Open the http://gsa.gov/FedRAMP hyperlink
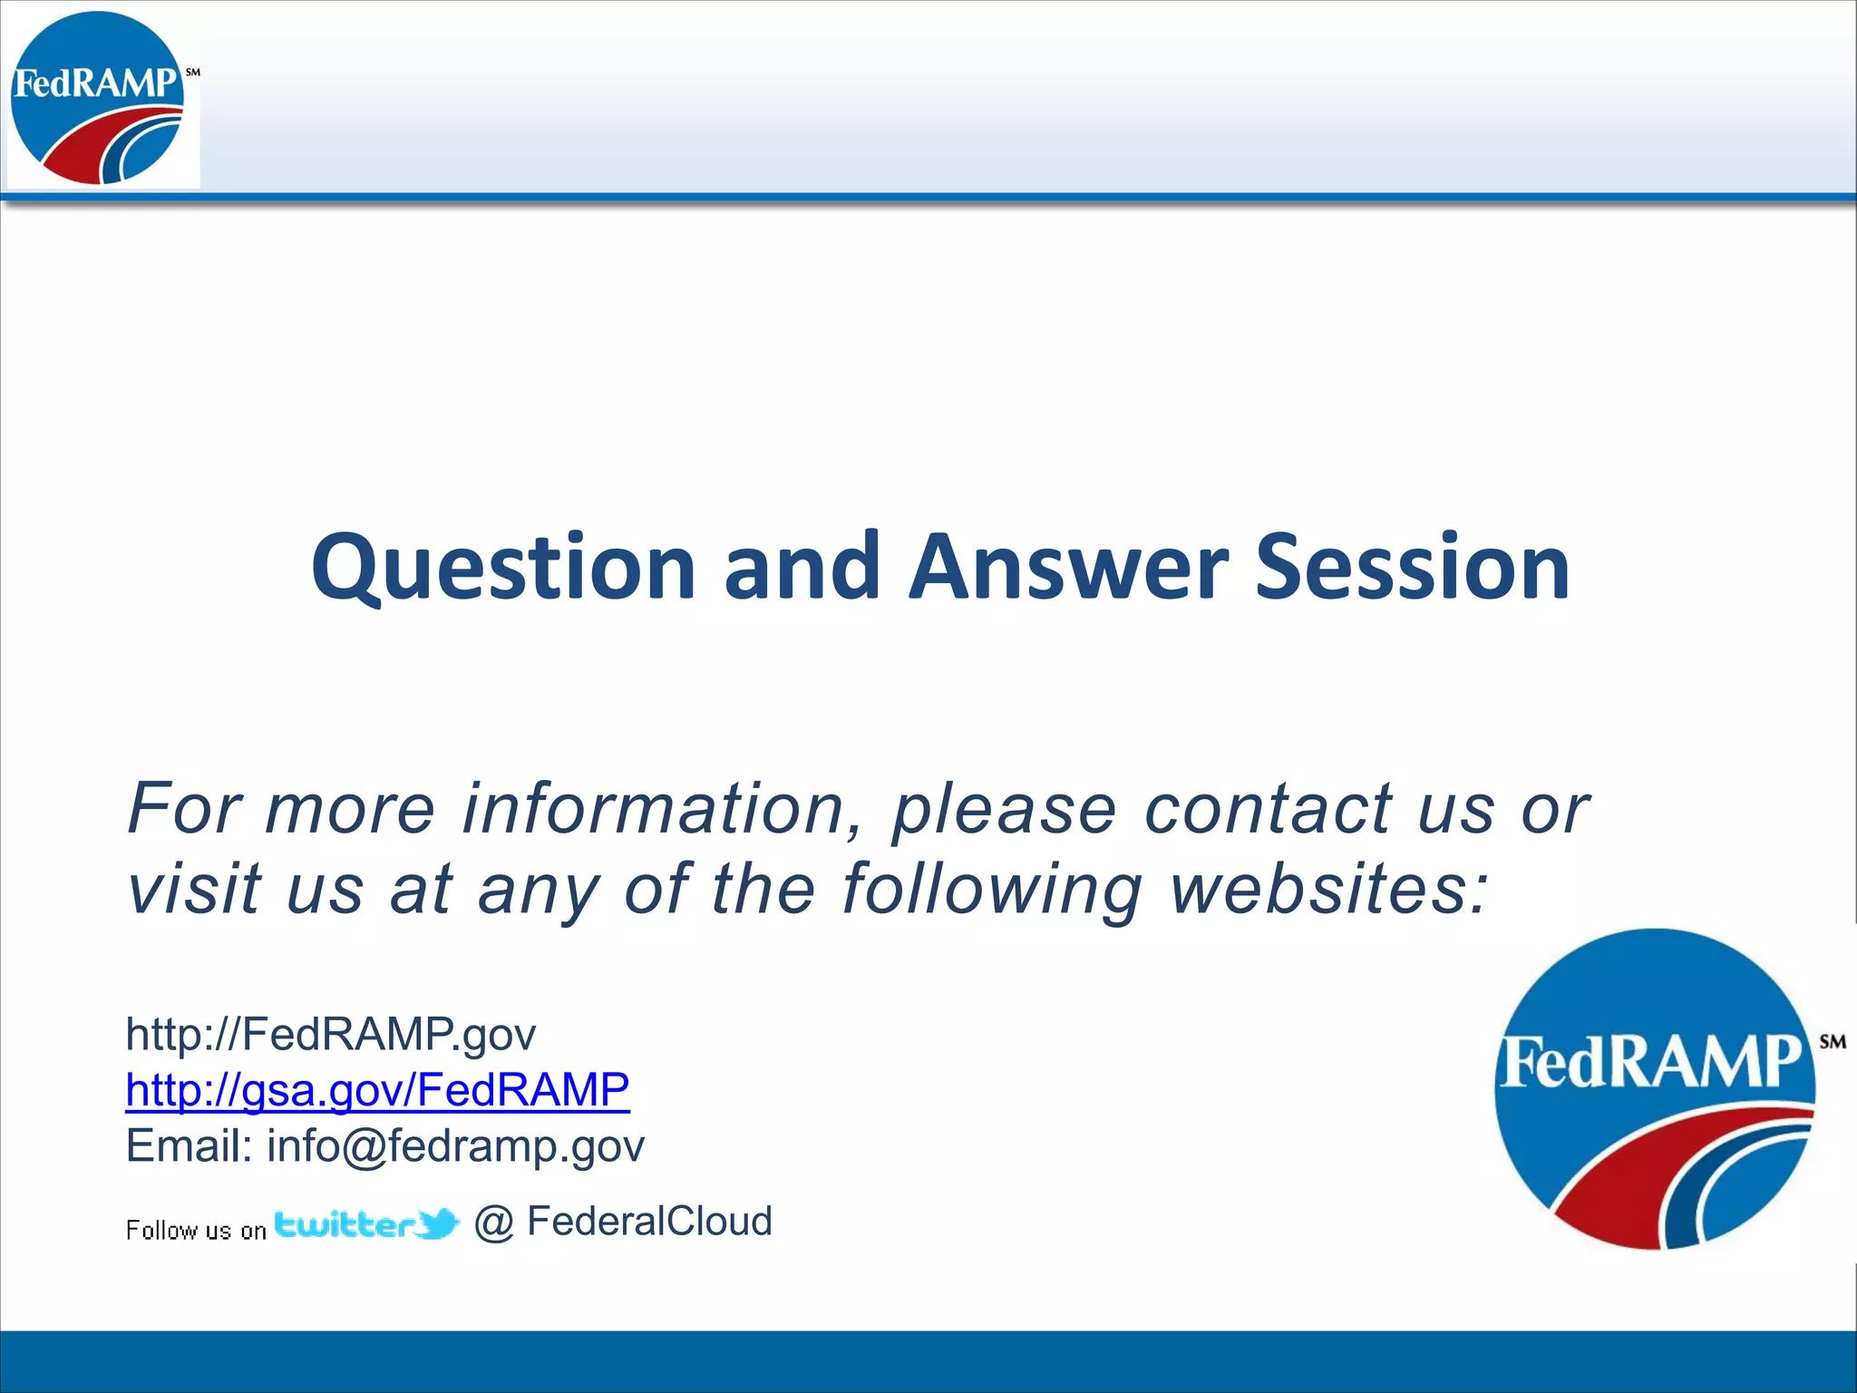(x=377, y=1090)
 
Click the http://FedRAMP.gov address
(x=331, y=1034)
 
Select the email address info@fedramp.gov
(x=455, y=1146)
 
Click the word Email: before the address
(x=189, y=1146)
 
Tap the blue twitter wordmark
(x=345, y=1225)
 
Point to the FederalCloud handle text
(x=649, y=1222)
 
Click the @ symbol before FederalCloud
(x=494, y=1223)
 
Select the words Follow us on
(x=196, y=1231)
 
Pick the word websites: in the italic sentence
(x=1329, y=889)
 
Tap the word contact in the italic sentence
(x=1268, y=808)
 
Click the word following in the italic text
(x=991, y=889)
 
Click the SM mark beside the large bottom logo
(x=1832, y=1042)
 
